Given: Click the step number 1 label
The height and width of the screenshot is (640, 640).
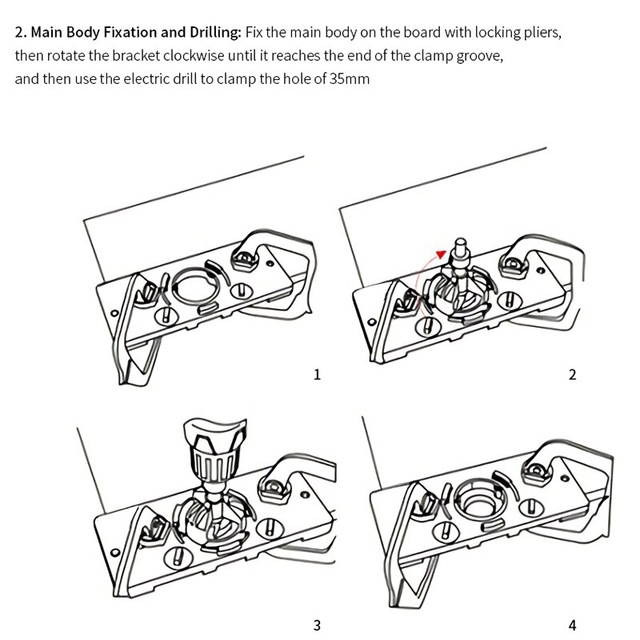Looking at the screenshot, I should coord(318,374).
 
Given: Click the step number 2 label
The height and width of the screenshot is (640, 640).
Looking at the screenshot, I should coord(572,374).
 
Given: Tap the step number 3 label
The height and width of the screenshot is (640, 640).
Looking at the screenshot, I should coord(318,625).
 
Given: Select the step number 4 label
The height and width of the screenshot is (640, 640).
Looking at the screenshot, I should coord(572,625).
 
